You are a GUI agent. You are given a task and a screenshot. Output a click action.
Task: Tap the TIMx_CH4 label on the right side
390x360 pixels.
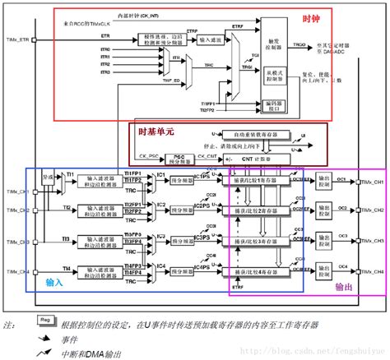point(373,271)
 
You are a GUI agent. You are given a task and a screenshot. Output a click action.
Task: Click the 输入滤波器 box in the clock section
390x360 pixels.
point(215,39)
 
